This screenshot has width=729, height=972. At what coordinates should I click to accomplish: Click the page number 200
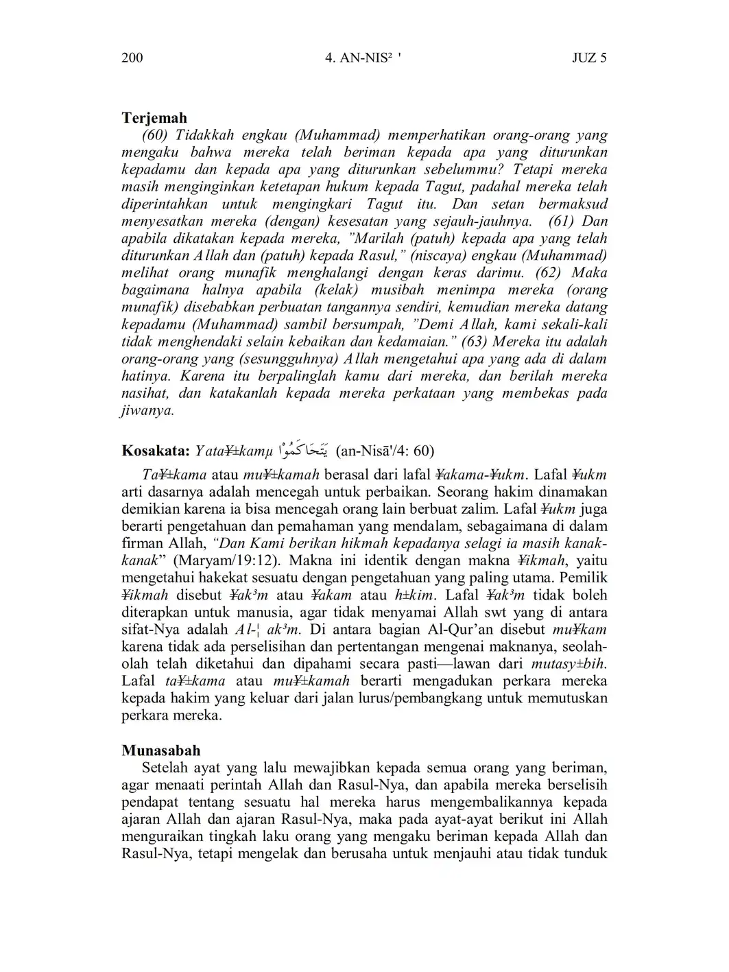(x=132, y=58)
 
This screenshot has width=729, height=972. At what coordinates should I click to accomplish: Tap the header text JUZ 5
(x=589, y=58)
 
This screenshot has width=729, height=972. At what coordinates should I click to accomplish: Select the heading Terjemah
(x=154, y=118)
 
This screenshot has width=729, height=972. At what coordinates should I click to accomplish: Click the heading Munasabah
(x=161, y=750)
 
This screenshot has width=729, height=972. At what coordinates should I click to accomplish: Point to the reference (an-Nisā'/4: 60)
(x=385, y=451)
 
